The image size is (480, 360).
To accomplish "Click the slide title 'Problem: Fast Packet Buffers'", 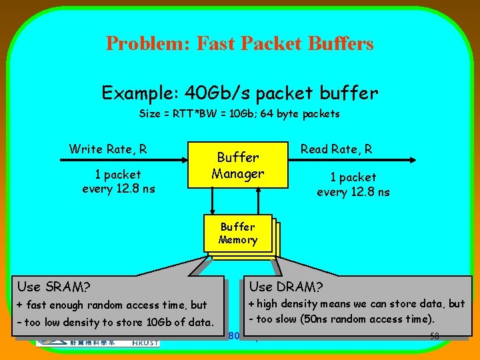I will (x=239, y=44).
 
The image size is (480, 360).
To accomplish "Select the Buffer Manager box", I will (x=238, y=165).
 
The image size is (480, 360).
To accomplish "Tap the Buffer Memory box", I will (x=238, y=234).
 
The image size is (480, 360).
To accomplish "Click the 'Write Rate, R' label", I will (x=108, y=149).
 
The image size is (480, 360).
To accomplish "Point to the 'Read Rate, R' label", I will (x=336, y=149).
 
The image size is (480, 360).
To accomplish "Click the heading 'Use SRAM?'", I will (x=54, y=287).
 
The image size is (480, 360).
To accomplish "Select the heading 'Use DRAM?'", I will (x=286, y=287).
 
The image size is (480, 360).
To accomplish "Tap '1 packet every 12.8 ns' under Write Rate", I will (x=118, y=181).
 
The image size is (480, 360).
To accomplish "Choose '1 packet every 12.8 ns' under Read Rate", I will (x=353, y=185).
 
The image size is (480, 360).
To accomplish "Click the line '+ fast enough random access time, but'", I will (x=111, y=305).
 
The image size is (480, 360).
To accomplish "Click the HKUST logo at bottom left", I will (x=97, y=341).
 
